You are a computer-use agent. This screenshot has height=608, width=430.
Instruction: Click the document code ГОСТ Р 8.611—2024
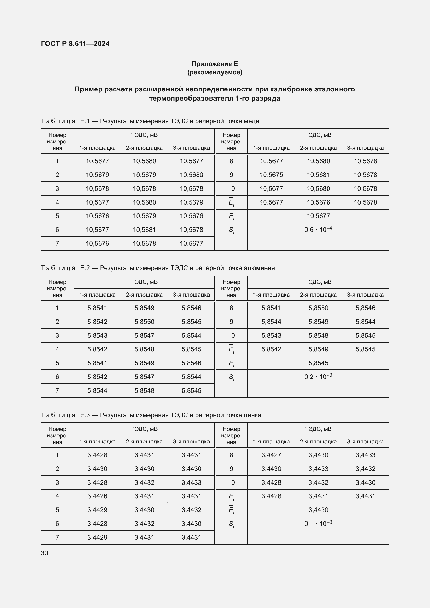[75, 44]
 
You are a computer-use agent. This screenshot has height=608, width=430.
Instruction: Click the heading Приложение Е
[215, 64]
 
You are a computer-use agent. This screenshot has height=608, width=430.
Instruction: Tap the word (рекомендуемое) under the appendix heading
[215, 72]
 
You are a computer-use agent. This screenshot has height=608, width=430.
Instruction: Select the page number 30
[44, 553]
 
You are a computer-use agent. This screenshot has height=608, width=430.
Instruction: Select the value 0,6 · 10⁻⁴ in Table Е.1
[318, 229]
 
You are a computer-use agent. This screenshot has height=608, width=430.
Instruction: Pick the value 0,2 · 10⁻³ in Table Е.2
[318, 376]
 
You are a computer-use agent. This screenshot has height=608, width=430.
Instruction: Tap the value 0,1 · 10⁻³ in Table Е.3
[318, 523]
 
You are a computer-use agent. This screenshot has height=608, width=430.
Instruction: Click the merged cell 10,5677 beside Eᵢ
[318, 216]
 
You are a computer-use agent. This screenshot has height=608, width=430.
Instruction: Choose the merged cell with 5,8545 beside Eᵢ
[318, 363]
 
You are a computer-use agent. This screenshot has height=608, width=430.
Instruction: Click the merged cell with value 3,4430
[318, 510]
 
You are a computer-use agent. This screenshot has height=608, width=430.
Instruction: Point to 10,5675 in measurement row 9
[271, 175]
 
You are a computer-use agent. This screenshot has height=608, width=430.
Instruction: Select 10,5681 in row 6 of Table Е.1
[144, 230]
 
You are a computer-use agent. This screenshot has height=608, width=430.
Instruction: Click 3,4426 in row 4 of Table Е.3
[97, 496]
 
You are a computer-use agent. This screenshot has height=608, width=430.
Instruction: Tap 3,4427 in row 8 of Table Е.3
[271, 455]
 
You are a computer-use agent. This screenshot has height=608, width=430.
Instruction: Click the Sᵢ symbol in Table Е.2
[231, 377]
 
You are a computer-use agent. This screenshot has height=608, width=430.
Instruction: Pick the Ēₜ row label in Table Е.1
[231, 202]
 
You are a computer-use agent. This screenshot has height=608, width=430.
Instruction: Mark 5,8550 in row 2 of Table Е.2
[144, 322]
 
